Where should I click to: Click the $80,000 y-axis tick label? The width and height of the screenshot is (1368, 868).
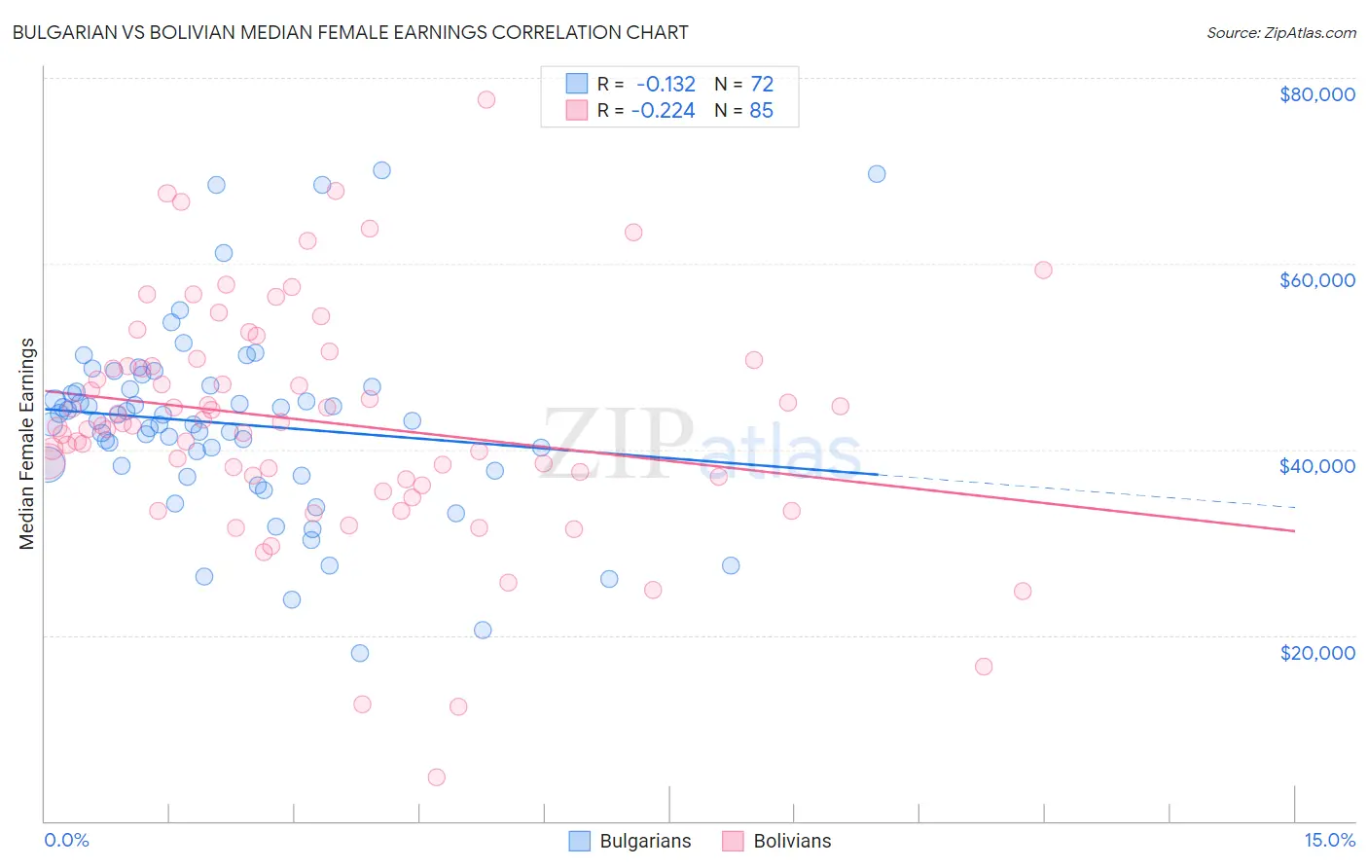click(x=1316, y=94)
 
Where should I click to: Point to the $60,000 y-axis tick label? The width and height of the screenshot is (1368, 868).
click(x=1316, y=280)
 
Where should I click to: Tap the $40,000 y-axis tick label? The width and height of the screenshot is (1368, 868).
click(x=1316, y=466)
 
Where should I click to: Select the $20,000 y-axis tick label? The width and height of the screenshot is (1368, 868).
click(x=1316, y=652)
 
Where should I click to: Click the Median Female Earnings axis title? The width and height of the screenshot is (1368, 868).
click(x=27, y=444)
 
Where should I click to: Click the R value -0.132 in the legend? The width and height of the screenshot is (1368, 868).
click(x=666, y=85)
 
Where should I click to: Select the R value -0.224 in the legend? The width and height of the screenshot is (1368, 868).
click(x=663, y=111)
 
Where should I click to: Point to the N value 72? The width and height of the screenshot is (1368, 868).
click(x=762, y=85)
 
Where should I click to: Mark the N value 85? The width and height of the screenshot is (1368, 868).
click(x=761, y=111)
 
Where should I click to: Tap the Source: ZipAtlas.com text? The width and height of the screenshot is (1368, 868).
click(x=1280, y=32)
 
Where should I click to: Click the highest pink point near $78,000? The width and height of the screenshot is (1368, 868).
click(x=486, y=99)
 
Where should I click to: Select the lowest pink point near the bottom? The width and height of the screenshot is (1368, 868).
click(x=437, y=777)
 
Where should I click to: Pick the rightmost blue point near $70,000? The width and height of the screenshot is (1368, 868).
click(x=877, y=174)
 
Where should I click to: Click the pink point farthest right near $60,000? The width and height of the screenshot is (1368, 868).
click(x=1043, y=271)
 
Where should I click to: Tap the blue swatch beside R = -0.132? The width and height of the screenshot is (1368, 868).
click(x=578, y=85)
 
